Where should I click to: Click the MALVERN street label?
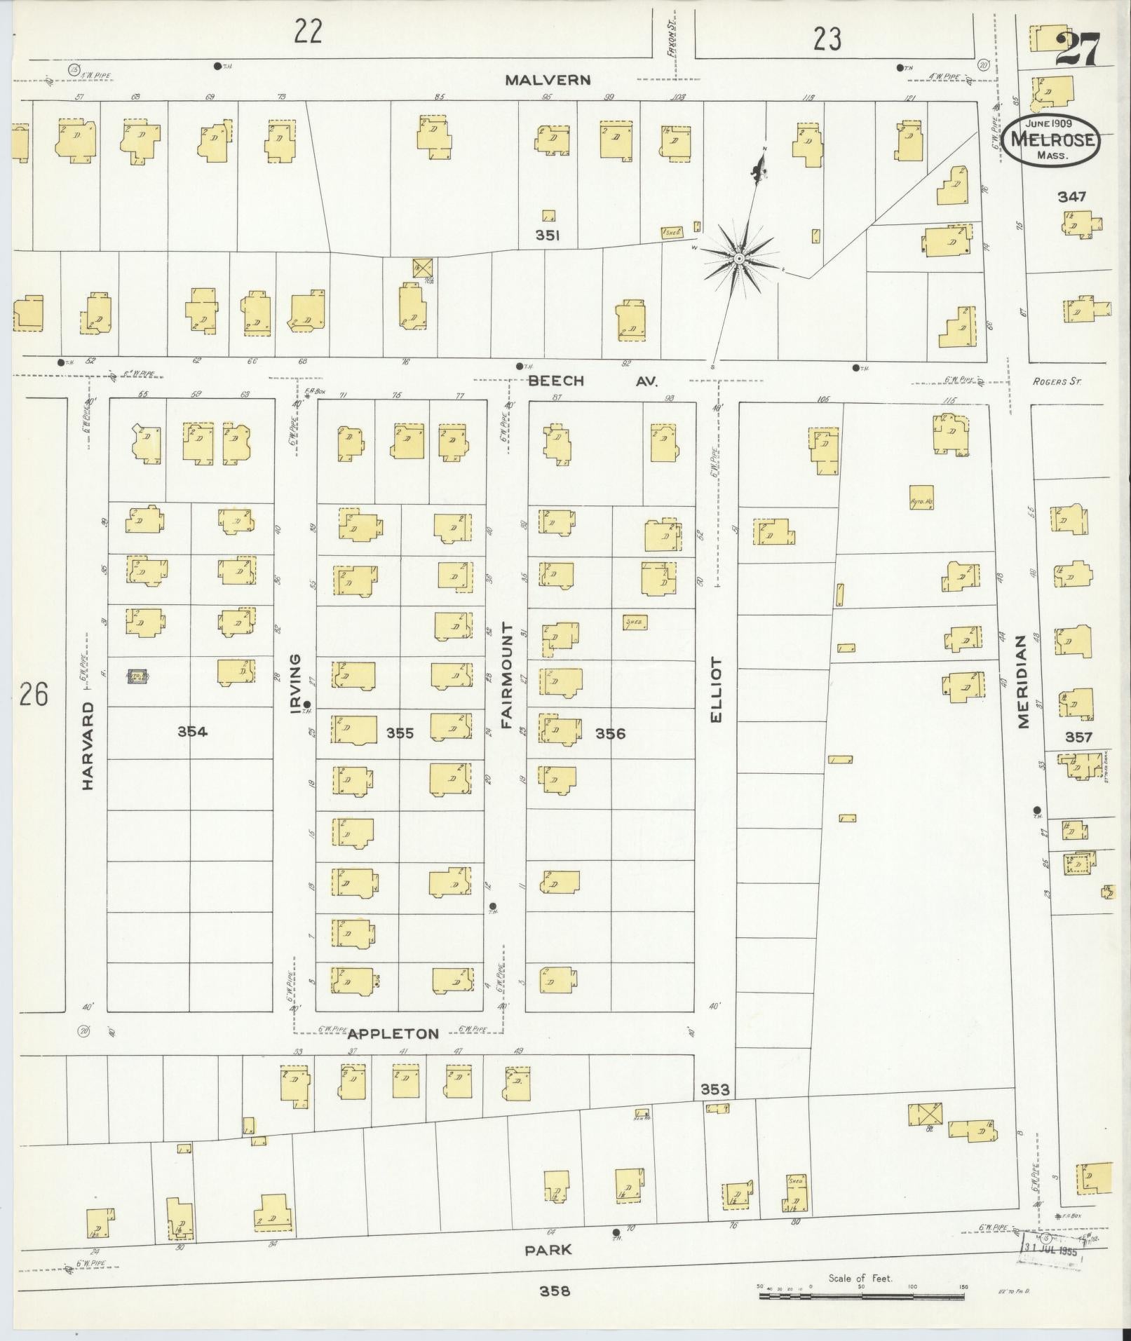click(548, 80)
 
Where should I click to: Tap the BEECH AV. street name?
click(592, 381)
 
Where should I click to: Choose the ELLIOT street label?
click(716, 688)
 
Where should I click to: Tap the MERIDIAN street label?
click(1022, 681)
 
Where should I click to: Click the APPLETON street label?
click(393, 1034)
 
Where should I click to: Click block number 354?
click(192, 732)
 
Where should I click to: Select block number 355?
click(400, 733)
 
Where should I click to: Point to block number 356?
click(609, 734)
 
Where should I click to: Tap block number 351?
click(547, 236)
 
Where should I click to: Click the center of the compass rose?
click(738, 259)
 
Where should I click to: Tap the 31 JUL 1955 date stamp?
click(1050, 1249)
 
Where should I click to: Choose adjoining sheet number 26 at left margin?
click(34, 695)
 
